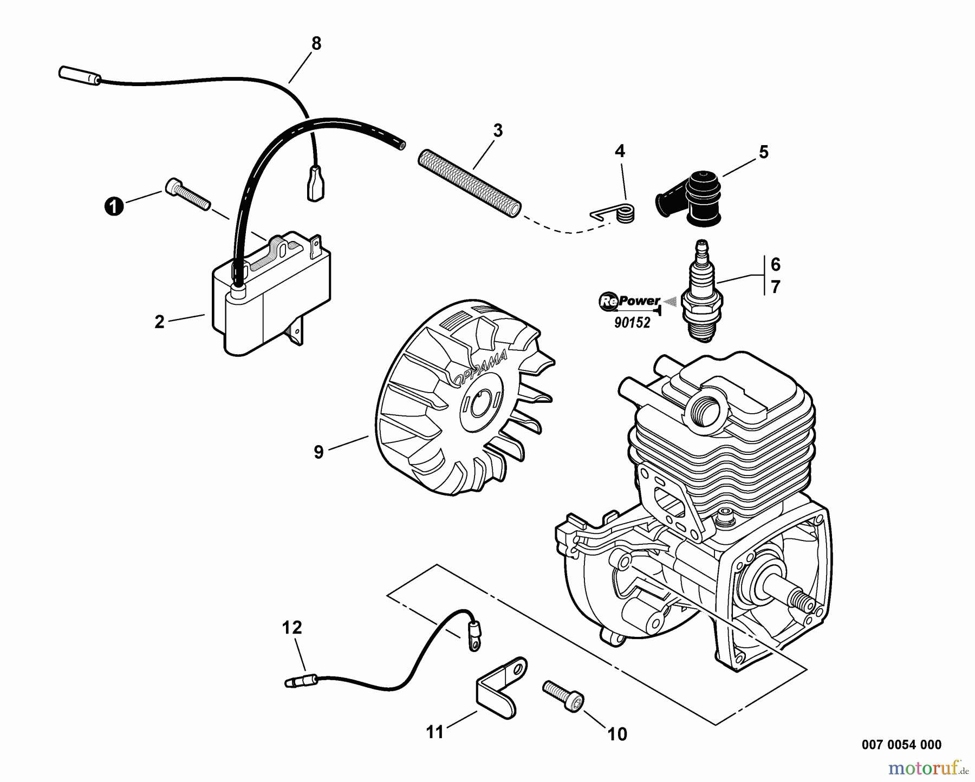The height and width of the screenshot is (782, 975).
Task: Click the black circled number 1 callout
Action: pyautogui.click(x=113, y=206)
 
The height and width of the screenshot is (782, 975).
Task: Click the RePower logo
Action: pyautogui.click(x=629, y=302)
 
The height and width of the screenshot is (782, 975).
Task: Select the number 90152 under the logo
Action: pyautogui.click(x=632, y=323)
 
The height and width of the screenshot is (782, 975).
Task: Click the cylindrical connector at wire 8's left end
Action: pyautogui.click(x=79, y=75)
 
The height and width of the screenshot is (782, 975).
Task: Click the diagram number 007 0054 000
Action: pyautogui.click(x=901, y=745)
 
